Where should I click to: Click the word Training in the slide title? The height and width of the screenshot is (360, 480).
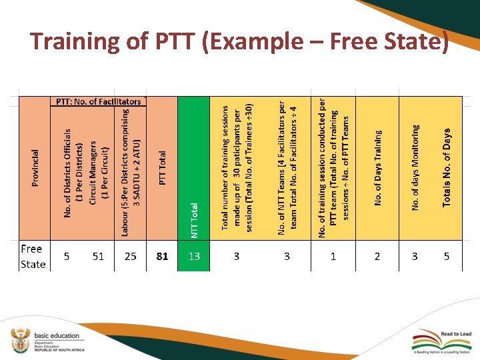tap(74, 41)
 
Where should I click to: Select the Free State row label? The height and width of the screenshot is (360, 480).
tap(32, 256)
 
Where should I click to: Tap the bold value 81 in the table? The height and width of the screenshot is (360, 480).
tap(162, 256)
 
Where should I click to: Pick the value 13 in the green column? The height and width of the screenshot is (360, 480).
tap(194, 256)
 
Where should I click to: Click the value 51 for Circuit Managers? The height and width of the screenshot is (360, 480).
tap(98, 256)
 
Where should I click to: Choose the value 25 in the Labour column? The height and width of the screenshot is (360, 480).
tap(131, 256)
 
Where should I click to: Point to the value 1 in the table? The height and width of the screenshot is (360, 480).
tap(333, 256)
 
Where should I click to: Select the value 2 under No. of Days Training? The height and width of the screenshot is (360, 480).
tap(377, 256)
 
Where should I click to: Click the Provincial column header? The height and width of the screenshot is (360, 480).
tap(35, 167)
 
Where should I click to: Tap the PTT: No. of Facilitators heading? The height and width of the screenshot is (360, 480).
tap(98, 102)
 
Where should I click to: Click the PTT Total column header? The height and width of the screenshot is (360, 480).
tap(163, 167)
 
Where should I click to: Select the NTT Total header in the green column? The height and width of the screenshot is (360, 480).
tap(195, 220)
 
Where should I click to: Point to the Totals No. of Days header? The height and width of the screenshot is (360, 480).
tap(447, 167)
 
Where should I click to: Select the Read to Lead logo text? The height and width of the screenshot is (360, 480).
tap(456, 334)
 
